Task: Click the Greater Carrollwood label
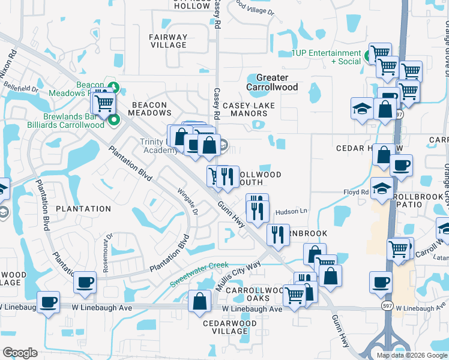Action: click(x=273, y=82)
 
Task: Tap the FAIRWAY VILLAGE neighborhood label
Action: click(x=168, y=41)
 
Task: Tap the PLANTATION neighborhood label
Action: click(x=83, y=209)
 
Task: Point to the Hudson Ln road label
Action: click(x=291, y=212)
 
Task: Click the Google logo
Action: click(x=20, y=353)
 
